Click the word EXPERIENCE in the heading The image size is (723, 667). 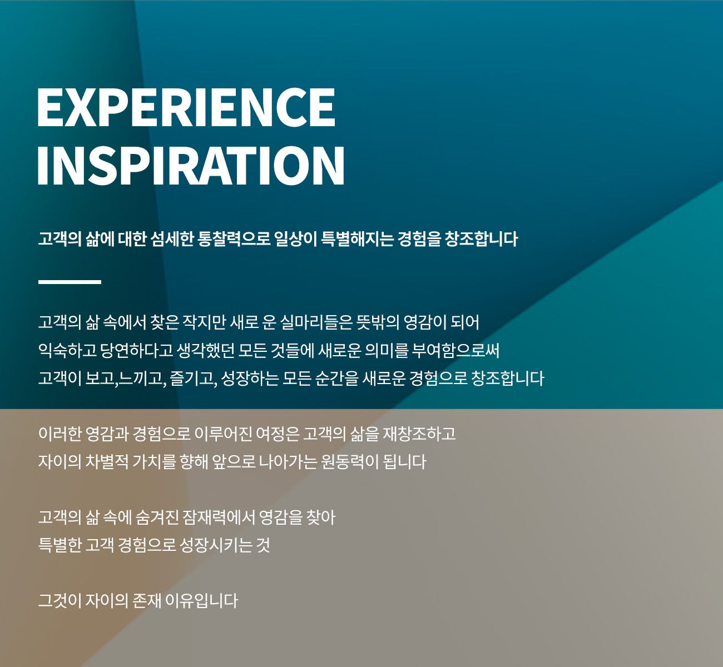[186, 107]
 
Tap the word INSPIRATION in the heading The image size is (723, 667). [191, 166]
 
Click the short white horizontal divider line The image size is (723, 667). [70, 282]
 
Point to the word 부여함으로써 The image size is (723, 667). [455, 350]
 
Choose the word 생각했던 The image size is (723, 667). [205, 350]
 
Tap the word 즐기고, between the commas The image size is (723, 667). [194, 379]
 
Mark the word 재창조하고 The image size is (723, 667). [419, 434]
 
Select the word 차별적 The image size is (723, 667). [106, 462]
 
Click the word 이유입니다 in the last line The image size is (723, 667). [202, 601]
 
